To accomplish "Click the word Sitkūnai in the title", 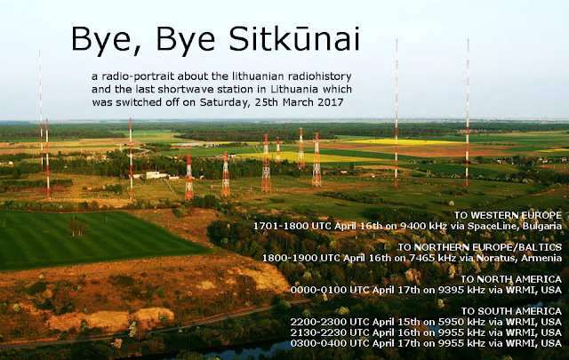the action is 294,38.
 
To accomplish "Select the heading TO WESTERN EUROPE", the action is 508,215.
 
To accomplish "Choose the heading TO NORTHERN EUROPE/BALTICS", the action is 480,247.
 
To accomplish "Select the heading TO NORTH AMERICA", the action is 511,279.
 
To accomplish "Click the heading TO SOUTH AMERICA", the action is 512,311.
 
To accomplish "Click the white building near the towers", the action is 156,175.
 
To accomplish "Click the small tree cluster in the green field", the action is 77,227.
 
